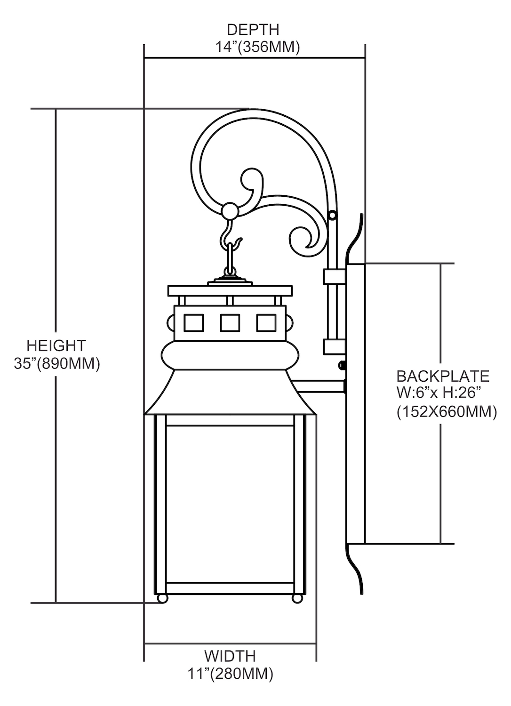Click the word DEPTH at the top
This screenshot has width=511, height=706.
click(253, 30)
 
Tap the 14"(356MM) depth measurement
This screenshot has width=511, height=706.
click(256, 47)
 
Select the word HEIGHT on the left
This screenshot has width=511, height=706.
click(56, 345)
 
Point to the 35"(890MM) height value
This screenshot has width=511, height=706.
click(57, 364)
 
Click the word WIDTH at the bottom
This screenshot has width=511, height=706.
click(230, 656)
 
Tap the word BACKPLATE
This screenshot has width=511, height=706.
click(443, 377)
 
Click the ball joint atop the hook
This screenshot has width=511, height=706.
click(230, 210)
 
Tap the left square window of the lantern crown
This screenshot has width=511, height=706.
click(193, 323)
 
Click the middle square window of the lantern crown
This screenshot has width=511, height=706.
click(230, 323)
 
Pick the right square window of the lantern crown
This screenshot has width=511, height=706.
click(266, 323)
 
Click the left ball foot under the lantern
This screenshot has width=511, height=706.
click(162, 599)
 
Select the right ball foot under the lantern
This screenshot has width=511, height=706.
click(297, 599)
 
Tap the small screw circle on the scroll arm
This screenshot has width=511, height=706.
click(333, 215)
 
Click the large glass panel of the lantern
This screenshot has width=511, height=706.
click(231, 504)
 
